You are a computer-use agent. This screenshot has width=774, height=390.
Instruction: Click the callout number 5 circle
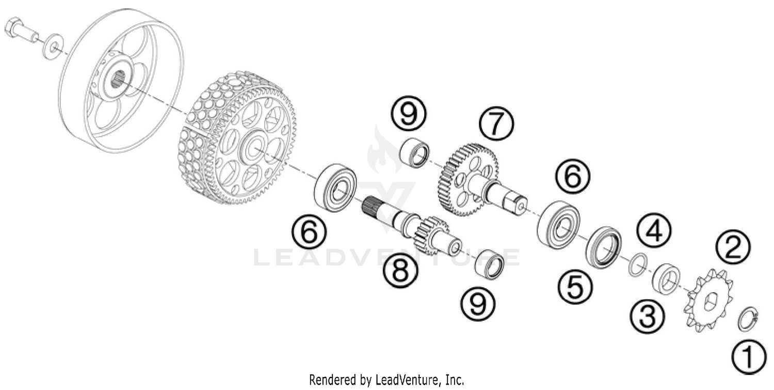click(574, 286)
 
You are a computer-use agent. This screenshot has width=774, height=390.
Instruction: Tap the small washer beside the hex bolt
click(52, 45)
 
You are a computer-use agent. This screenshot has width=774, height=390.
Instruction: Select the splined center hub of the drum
click(118, 81)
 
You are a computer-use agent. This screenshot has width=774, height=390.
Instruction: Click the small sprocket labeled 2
click(707, 301)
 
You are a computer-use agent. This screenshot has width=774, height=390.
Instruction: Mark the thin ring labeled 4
click(637, 264)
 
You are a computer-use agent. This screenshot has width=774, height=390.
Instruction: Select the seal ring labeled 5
click(604, 246)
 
